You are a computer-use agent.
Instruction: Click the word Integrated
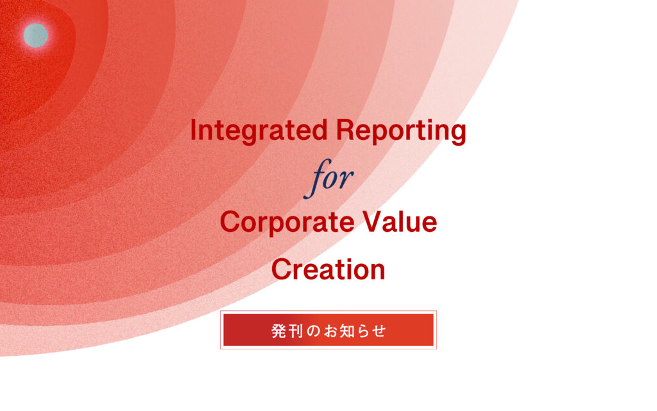pos(259,130)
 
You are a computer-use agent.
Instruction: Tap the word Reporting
pos(401,130)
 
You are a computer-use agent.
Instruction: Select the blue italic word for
pos(328,179)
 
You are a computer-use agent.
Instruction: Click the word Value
pos(400,222)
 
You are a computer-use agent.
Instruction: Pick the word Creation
pos(328,269)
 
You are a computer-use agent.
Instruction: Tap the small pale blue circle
pos(36,35)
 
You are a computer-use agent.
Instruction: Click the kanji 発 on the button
pos(279,331)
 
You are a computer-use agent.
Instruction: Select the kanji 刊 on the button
pos(296,331)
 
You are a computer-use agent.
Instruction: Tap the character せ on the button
pos(379,331)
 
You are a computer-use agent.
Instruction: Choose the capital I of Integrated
pos(193,130)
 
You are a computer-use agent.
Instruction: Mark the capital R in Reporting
pos(345,130)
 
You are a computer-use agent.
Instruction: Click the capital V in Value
pos(373,221)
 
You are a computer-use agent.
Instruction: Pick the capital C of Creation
pos(281,269)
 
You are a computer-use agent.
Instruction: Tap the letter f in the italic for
pos(318,179)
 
